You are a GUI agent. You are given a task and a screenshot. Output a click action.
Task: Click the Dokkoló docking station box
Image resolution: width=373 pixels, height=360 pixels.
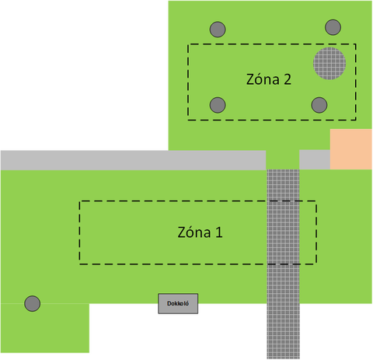178,303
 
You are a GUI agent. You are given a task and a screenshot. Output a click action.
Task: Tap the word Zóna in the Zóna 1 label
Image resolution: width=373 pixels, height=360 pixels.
194,232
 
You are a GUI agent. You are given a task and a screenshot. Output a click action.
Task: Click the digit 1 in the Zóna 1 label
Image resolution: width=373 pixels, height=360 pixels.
219,232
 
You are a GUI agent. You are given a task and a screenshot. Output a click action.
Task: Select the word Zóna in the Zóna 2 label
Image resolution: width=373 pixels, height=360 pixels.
263,79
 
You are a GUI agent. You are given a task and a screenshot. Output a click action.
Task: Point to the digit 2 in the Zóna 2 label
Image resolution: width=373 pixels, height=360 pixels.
288,79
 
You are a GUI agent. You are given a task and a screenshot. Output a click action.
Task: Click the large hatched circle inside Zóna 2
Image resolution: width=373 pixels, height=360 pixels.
329,63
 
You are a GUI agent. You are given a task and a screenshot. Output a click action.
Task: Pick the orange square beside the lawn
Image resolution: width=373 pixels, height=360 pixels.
351,149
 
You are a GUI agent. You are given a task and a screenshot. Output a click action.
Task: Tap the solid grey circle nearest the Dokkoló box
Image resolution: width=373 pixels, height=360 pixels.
33,303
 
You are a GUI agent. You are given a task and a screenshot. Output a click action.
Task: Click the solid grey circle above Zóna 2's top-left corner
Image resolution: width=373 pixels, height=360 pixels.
218,30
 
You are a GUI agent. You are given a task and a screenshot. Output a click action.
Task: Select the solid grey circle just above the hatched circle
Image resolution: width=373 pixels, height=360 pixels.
333,27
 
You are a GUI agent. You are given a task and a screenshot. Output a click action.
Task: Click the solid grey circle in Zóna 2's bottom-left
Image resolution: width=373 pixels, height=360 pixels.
218,105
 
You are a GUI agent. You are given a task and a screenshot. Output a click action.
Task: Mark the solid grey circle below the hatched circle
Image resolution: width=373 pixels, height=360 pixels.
319,105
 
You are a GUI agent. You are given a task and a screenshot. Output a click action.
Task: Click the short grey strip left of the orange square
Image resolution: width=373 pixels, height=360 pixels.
315,159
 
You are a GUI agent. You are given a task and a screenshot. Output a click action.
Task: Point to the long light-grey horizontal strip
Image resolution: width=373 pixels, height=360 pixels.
133,160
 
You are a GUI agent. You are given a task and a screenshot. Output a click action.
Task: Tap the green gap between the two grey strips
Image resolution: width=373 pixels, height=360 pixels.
283,159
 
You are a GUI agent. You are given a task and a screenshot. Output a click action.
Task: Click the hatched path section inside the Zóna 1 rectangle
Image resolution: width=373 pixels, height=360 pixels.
283,232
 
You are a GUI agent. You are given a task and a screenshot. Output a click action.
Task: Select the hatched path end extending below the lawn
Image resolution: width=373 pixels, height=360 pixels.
283,331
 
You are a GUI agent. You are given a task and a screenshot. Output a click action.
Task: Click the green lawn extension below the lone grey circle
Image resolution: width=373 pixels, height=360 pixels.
45,328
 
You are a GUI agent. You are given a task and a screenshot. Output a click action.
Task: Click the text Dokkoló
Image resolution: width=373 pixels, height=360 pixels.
178,303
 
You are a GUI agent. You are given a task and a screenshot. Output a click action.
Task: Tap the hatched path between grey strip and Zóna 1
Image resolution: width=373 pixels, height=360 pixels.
283,185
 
